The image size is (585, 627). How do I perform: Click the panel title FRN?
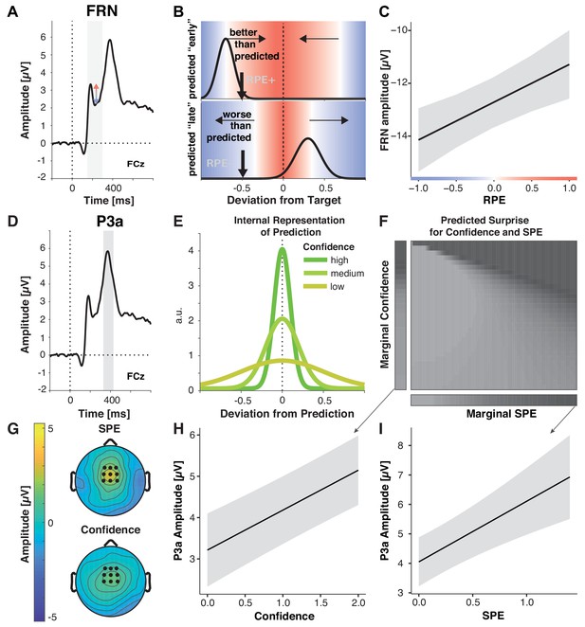[102, 10]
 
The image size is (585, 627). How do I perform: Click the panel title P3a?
[110, 221]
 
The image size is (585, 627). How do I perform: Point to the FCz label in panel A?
[136, 164]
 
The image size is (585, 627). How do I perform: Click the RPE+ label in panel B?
[261, 80]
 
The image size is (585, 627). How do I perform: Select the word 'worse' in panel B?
[237, 115]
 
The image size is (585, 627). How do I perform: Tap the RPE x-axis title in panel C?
[494, 200]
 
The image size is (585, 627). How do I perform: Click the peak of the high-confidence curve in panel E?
[283, 248]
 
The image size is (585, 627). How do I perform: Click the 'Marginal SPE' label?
[502, 414]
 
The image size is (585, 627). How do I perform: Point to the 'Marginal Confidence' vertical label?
[385, 314]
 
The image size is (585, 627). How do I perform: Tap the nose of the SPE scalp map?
[109, 442]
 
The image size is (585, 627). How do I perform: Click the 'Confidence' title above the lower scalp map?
[111, 529]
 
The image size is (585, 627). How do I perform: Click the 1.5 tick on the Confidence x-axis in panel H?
[320, 602]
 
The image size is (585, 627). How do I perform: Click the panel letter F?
[384, 221]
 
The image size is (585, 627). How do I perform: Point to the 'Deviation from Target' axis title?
[283, 200]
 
